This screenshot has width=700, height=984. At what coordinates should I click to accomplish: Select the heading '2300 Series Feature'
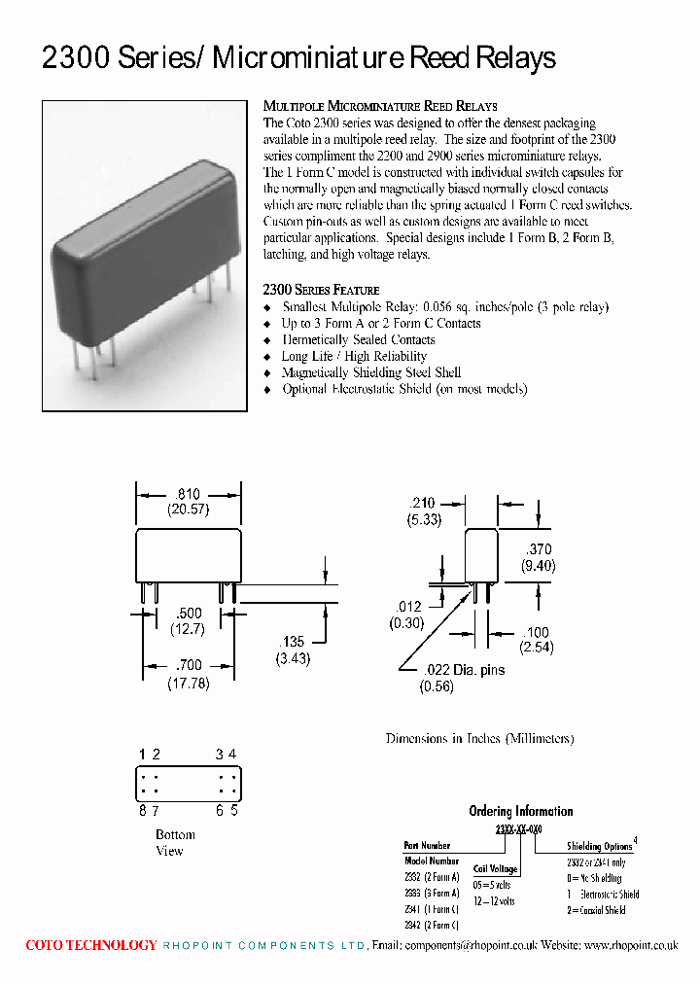coord(321,290)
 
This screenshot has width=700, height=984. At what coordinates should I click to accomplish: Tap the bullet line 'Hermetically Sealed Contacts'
coord(358,339)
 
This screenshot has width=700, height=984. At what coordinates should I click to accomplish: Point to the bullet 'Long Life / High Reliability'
coord(354,356)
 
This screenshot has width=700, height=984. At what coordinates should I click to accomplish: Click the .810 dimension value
coord(187,495)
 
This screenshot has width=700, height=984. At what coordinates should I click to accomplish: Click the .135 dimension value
coord(293,642)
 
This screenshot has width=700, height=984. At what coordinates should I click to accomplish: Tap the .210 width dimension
coord(422,504)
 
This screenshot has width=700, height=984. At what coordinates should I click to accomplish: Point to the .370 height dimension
coord(538,549)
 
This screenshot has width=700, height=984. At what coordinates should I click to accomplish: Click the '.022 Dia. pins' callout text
coord(465,670)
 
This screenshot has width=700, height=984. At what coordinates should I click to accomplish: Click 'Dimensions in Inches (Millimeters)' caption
coord(479,738)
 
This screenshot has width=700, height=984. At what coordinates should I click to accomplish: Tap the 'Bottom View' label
coord(175,842)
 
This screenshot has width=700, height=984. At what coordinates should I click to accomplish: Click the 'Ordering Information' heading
coord(520,811)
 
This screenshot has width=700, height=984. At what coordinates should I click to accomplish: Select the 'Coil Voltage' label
coord(494,869)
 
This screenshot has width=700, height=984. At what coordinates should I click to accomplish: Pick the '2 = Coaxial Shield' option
coord(596,911)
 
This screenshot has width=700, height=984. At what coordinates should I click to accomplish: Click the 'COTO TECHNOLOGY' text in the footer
coord(90,945)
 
